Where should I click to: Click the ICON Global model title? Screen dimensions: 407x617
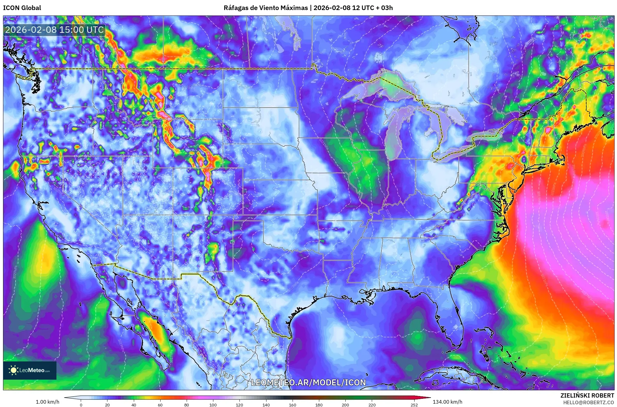22,8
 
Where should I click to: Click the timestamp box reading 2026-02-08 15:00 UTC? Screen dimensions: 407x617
54,30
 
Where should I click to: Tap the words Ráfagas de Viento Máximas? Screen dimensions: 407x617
266,8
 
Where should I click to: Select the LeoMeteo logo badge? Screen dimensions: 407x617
30,370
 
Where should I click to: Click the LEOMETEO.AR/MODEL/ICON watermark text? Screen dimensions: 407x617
308,382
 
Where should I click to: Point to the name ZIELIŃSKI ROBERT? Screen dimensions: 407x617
587,395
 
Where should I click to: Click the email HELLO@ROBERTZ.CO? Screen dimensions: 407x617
588,402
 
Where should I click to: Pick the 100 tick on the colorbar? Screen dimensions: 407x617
213,405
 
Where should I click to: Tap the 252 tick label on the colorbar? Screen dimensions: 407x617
414,405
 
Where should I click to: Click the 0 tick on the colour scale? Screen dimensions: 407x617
81,405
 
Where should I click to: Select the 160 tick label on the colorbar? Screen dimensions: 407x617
293,405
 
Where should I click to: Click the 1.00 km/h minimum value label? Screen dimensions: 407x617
47,402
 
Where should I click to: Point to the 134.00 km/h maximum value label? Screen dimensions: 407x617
447,402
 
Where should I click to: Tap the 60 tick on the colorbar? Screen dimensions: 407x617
160,405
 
